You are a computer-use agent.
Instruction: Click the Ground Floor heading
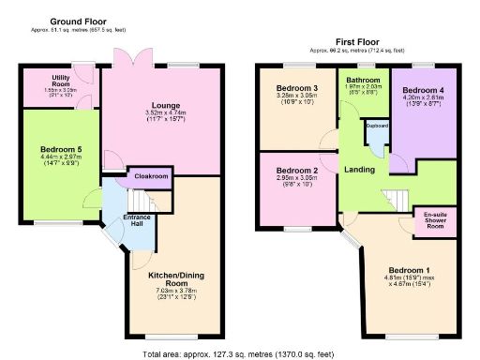77,21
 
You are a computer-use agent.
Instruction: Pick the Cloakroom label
151,175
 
